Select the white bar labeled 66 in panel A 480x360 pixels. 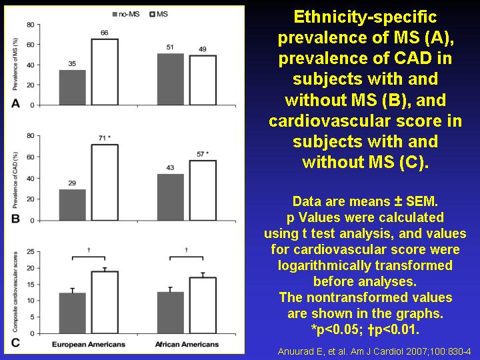pyautogui.click(x=105, y=72)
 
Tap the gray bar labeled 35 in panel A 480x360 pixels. pyautogui.click(x=73, y=87)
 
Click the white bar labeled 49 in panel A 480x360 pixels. pyautogui.click(x=203, y=80)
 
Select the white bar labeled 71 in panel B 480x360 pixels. pyautogui.click(x=105, y=182)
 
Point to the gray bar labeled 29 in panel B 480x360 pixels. pyautogui.click(x=73, y=205)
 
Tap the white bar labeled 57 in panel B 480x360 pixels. pyautogui.click(x=203, y=190)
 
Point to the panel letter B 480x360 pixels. pyautogui.click(x=15, y=219)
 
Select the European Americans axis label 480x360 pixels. pyautogui.click(x=89, y=345)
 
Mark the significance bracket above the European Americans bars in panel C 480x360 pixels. pyautogui.click(x=89, y=256)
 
